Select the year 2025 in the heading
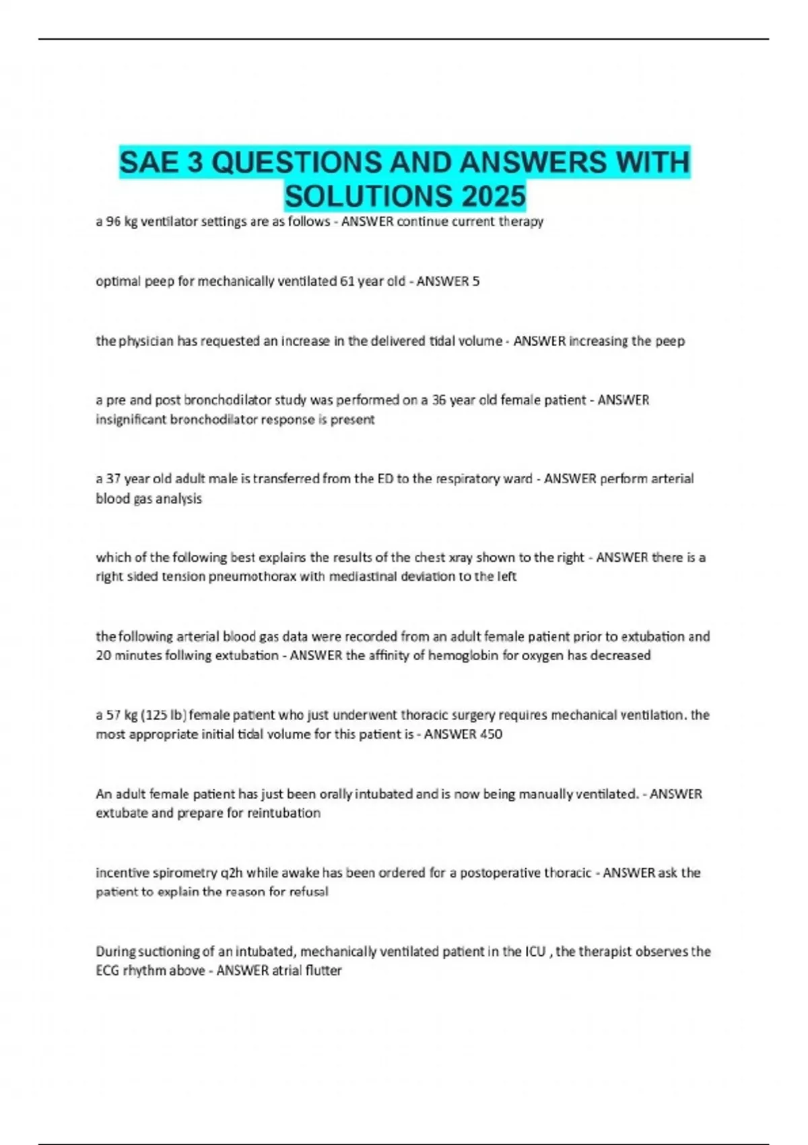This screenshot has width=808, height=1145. click(494, 196)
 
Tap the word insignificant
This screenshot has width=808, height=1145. click(131, 420)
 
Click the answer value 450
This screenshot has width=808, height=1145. click(491, 734)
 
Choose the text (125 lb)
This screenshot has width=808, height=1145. click(164, 715)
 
